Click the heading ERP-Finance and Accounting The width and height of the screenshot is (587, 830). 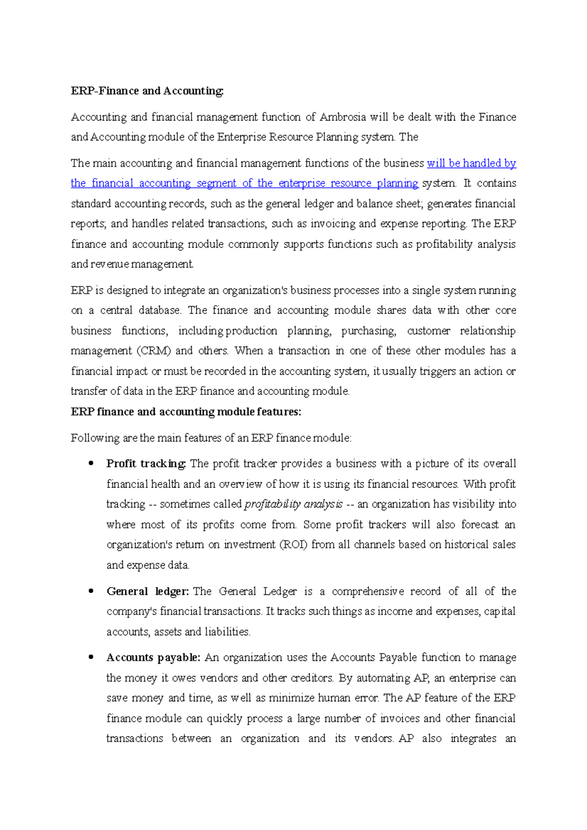tap(147, 91)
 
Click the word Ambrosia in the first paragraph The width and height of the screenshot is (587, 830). tap(342, 117)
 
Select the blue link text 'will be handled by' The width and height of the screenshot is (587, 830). tap(471, 163)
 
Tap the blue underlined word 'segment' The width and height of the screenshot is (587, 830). tap(216, 183)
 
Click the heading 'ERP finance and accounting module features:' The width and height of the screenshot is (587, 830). tap(186, 412)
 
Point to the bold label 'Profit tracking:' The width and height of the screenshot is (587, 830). tap(146, 464)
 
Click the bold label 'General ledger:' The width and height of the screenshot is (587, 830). tap(147, 591)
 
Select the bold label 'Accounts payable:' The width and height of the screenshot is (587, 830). tap(153, 658)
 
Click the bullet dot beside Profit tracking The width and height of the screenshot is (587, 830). tap(91, 463)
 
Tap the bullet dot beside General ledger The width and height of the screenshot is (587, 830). tap(91, 591)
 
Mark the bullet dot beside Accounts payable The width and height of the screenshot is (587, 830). tap(91, 657)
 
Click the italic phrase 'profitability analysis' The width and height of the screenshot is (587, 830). tap(293, 504)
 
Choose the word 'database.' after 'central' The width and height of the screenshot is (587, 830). tap(160, 310)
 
